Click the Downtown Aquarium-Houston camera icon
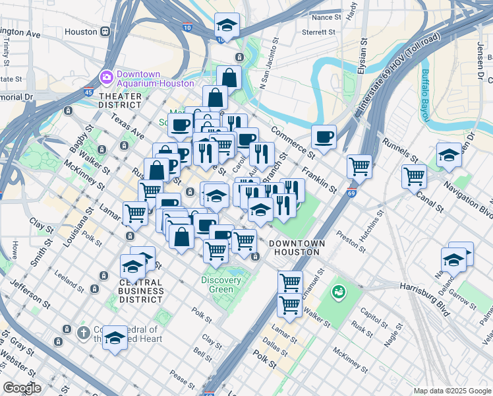pos(106,78)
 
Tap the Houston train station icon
pos(105,32)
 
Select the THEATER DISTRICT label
pos(120,100)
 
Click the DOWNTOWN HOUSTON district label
pos(297,248)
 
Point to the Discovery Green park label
pos(221,285)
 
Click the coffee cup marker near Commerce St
pos(324,137)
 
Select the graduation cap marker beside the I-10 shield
pos(227,25)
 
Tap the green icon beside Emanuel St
pos(339,290)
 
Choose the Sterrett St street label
pos(319,31)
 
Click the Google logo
pos(22,388)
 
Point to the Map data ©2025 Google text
pos(452,391)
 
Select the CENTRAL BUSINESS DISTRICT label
pos(141,291)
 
